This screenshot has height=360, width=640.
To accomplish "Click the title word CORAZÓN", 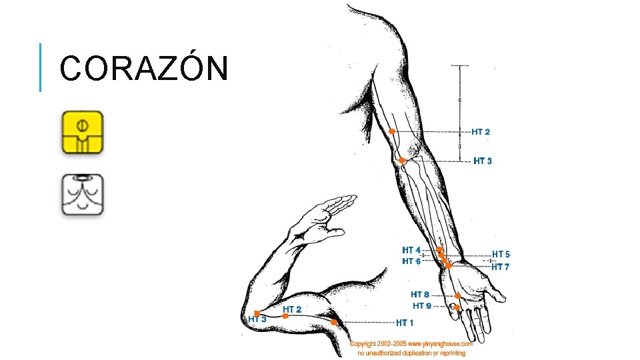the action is (144, 68).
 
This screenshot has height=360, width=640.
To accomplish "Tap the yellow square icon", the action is (83, 133).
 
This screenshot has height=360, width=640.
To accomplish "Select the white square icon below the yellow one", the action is (83, 194).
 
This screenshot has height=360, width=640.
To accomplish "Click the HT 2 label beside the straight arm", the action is (481, 132).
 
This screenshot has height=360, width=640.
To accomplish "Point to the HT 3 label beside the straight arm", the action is (483, 161).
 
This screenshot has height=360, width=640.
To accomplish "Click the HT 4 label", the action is (411, 251).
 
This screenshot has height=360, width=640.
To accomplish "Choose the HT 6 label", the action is (411, 261).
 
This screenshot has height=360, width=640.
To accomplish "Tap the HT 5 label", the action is (501, 255).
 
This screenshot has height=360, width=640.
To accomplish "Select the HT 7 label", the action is (501, 267).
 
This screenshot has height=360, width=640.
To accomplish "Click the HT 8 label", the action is (420, 295).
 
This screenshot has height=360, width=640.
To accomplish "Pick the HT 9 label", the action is (422, 306).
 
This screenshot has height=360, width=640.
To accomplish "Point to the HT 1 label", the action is (405, 323).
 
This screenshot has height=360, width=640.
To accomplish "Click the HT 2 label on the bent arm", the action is (292, 309).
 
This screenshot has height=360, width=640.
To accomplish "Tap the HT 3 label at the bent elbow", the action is (257, 319).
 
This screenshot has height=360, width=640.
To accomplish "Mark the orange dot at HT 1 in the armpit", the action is (334, 322).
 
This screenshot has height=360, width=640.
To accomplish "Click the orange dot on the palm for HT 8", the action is (458, 296).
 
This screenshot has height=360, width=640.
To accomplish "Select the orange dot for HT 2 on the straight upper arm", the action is (393, 132).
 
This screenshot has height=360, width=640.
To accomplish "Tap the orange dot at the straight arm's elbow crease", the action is (402, 161).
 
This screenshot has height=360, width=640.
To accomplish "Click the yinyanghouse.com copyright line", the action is (411, 344).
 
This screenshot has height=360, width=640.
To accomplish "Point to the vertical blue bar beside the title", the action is (41, 67).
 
